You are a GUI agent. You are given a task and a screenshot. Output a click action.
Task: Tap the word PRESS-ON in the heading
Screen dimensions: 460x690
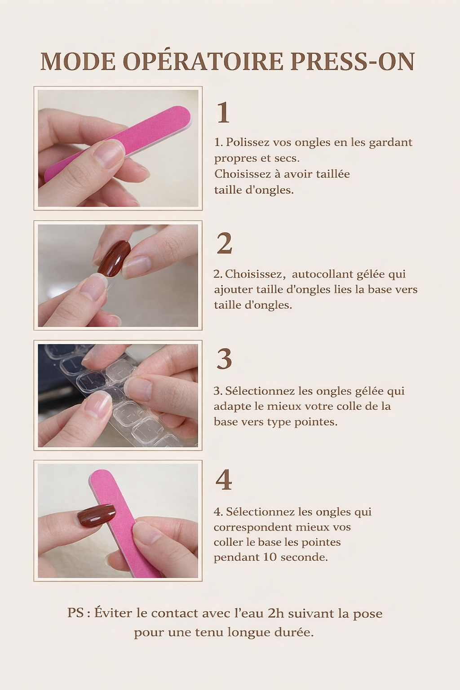[353, 62]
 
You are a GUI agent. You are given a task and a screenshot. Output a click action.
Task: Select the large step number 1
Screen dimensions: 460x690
[223, 113]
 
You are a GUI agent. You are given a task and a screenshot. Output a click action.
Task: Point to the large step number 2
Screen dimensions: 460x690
[224, 243]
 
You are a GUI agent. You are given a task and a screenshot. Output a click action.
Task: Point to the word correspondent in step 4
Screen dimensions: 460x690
[252, 527]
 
